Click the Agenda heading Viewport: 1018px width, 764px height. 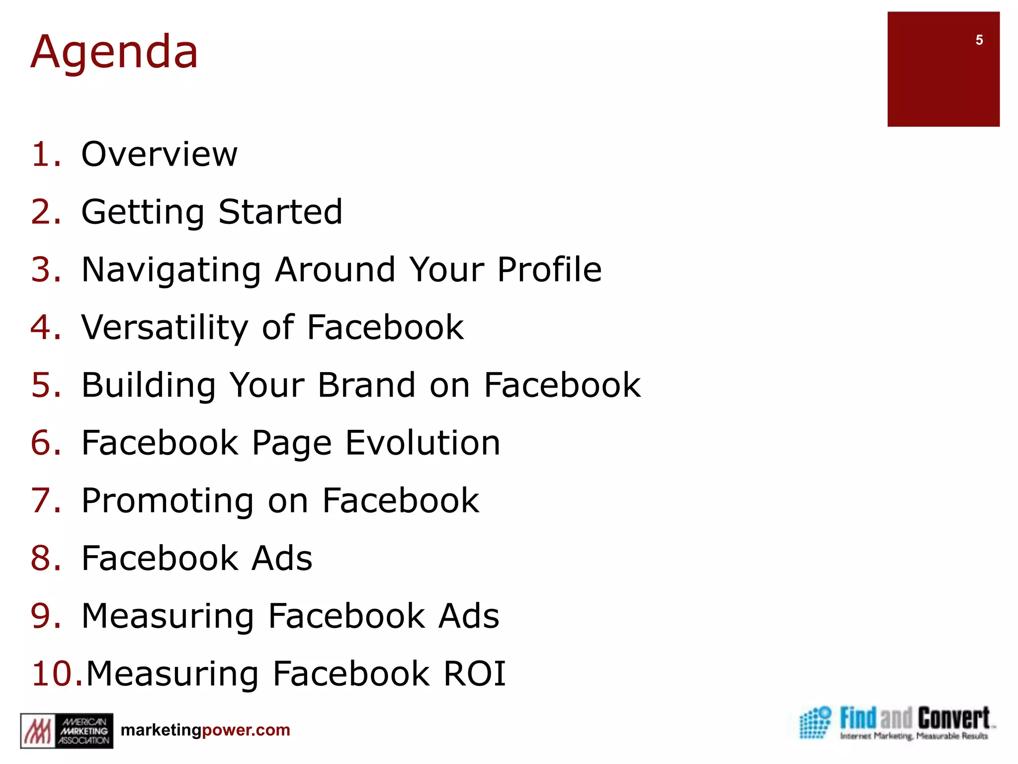pyautogui.click(x=114, y=52)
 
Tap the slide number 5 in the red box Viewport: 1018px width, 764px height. pyautogui.click(x=979, y=40)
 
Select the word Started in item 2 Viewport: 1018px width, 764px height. pyautogui.click(x=280, y=212)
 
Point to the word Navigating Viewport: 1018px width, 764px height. pyautogui.click(x=171, y=270)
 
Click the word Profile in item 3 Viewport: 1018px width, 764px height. pyautogui.click(x=549, y=270)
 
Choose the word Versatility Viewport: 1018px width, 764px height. pyautogui.click(x=164, y=328)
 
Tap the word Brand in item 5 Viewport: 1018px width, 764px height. pyautogui.click(x=366, y=385)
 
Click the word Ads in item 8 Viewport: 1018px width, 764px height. pyautogui.click(x=282, y=559)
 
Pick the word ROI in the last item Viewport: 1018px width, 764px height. pyautogui.click(x=474, y=674)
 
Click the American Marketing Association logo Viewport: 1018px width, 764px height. pyautogui.click(x=67, y=731)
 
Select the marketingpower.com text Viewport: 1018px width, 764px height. pyautogui.click(x=205, y=730)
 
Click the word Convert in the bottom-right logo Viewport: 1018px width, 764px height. pyautogui.click(x=953, y=719)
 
